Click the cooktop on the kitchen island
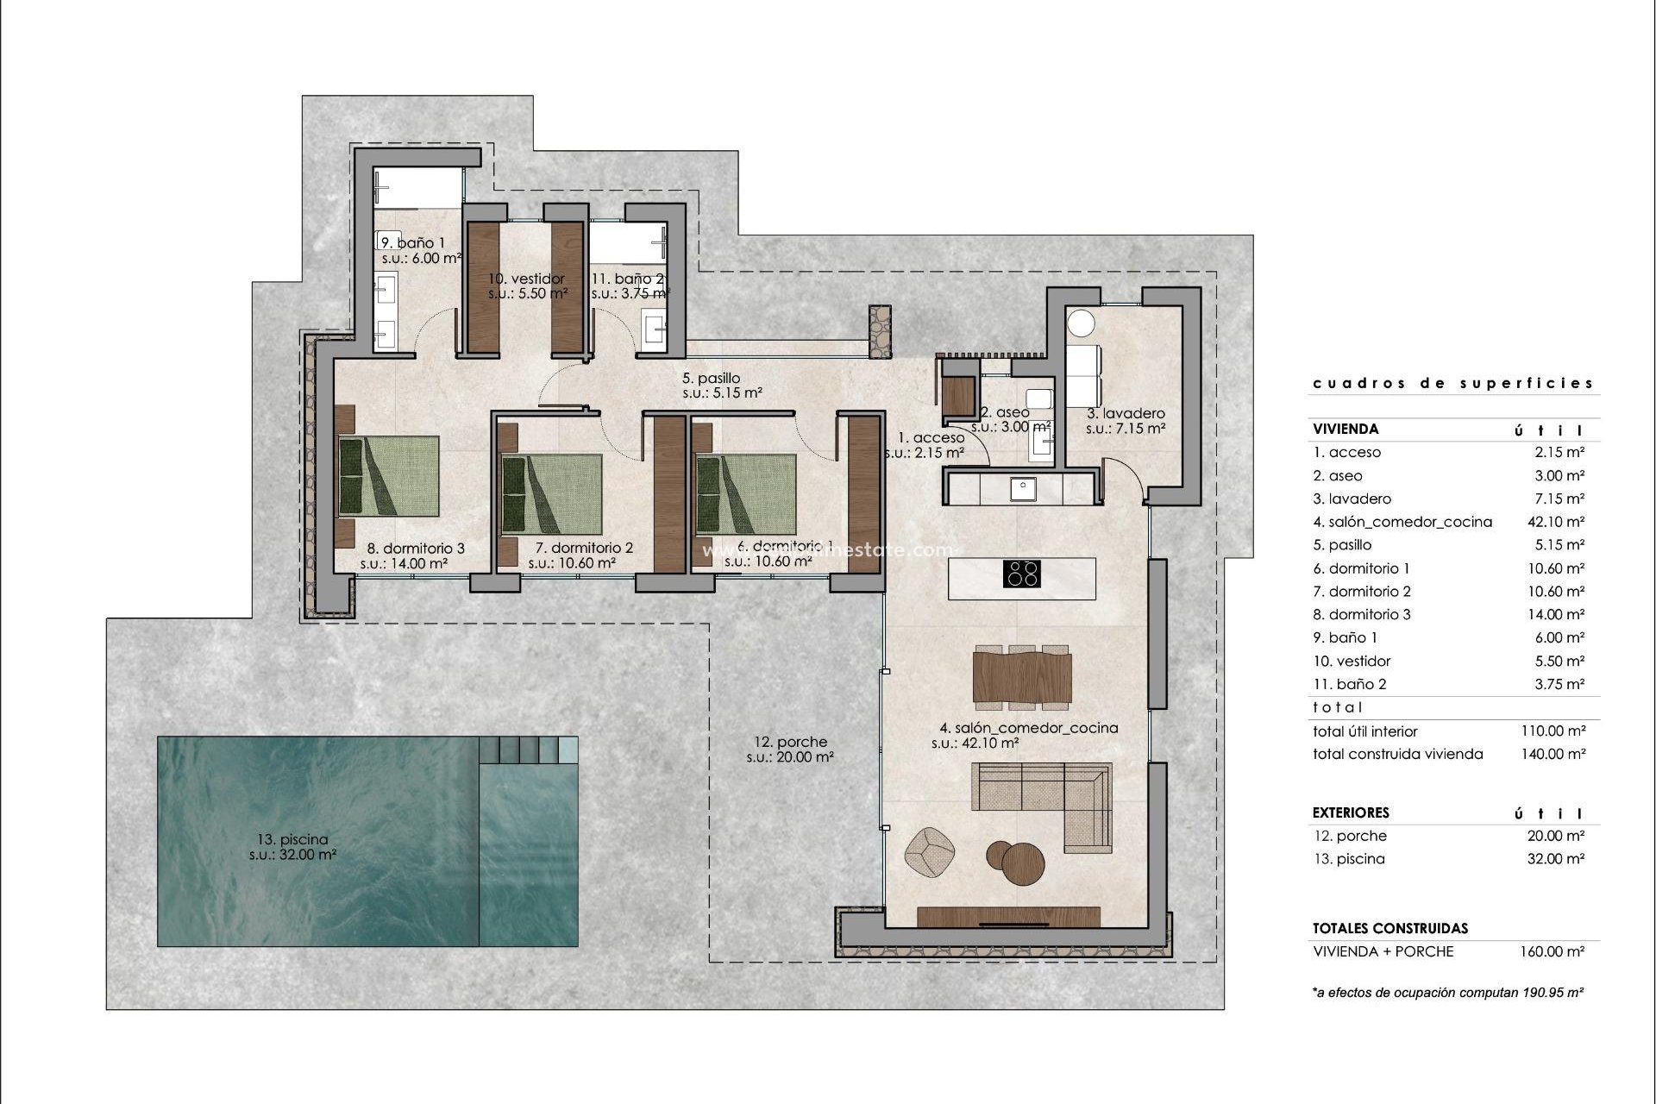(1022, 574)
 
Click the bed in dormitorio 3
(388, 474)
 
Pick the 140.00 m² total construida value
(1552, 754)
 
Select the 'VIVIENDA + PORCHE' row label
(1383, 952)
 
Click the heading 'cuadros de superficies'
(1452, 383)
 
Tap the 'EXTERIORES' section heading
(1351, 812)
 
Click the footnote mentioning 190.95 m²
(1447, 993)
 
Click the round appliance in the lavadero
(1081, 324)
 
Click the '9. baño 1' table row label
(1345, 638)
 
